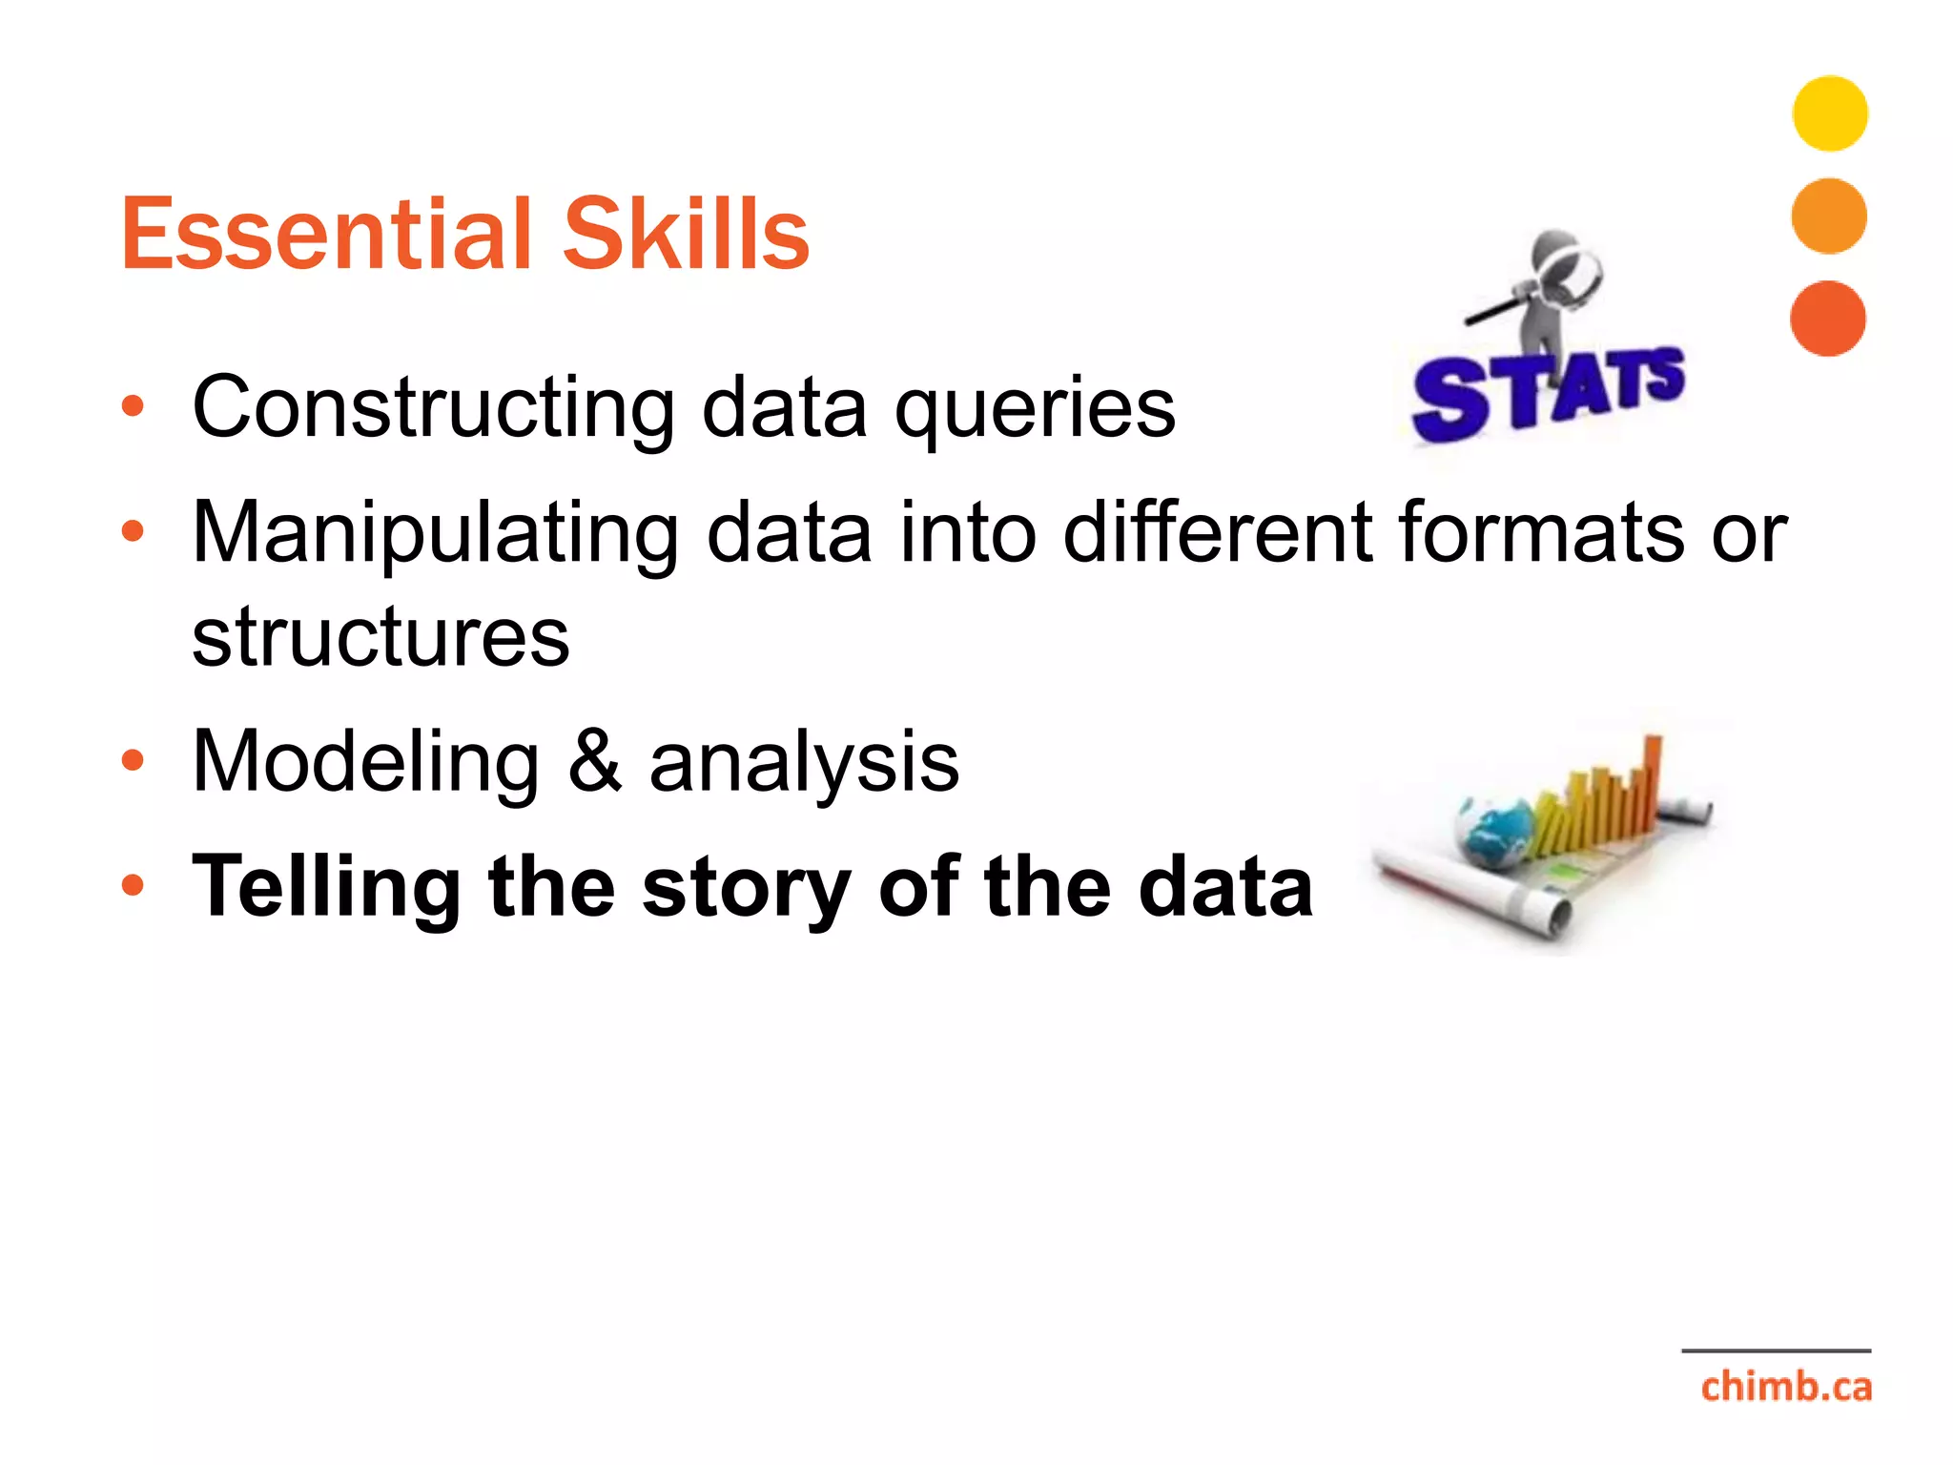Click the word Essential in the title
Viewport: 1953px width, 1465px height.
324,235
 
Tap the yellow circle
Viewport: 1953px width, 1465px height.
1829,113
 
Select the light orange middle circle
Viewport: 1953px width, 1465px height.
1828,216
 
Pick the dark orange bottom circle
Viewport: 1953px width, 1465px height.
1827,319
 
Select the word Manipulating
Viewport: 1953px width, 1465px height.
434,534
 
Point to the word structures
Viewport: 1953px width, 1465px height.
380,637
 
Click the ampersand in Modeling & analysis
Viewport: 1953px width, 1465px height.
595,761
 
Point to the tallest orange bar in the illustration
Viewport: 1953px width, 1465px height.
1652,782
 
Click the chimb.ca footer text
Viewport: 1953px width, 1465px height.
1784,1386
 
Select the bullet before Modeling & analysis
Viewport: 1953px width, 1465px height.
133,761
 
